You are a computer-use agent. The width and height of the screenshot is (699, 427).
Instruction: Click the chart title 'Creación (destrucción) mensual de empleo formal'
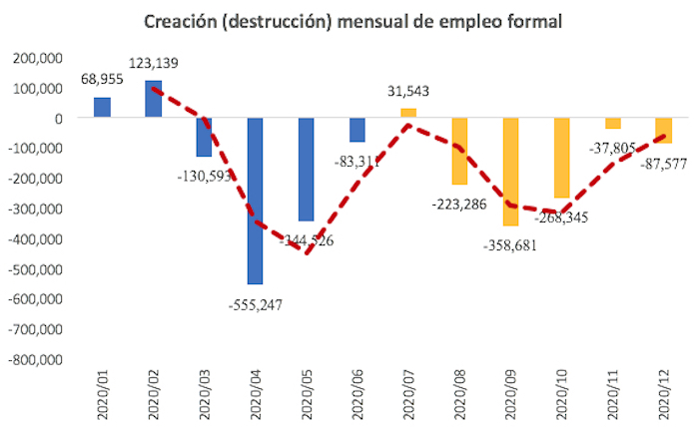(352, 21)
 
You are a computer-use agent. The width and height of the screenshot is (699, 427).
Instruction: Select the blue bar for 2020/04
(256, 200)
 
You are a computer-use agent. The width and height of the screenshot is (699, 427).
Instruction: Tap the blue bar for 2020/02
(153, 99)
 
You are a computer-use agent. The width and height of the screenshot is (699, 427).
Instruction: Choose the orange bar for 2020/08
(459, 151)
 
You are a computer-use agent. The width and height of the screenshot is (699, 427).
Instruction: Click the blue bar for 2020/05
(307, 170)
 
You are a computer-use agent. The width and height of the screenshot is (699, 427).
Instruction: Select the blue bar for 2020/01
(102, 108)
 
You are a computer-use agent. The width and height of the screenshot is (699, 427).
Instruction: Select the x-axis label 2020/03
(205, 390)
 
